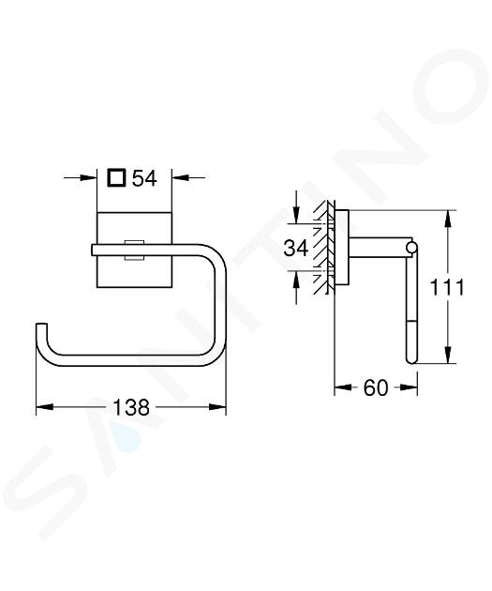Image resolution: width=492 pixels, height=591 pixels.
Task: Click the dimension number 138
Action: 131,407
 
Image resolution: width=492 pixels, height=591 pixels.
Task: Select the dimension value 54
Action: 144,178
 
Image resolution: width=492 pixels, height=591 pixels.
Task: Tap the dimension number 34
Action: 296,248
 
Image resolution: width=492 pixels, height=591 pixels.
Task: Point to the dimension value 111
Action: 447,288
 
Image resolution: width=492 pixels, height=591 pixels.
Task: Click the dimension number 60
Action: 375,387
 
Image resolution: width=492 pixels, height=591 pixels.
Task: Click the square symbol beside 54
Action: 116,177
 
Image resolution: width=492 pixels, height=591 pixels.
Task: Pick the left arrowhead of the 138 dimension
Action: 44,407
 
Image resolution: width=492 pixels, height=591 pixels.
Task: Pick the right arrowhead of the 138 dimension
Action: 217,407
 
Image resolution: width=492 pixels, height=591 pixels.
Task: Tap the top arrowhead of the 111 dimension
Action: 447,219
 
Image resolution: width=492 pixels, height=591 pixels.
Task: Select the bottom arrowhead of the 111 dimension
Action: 447,355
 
